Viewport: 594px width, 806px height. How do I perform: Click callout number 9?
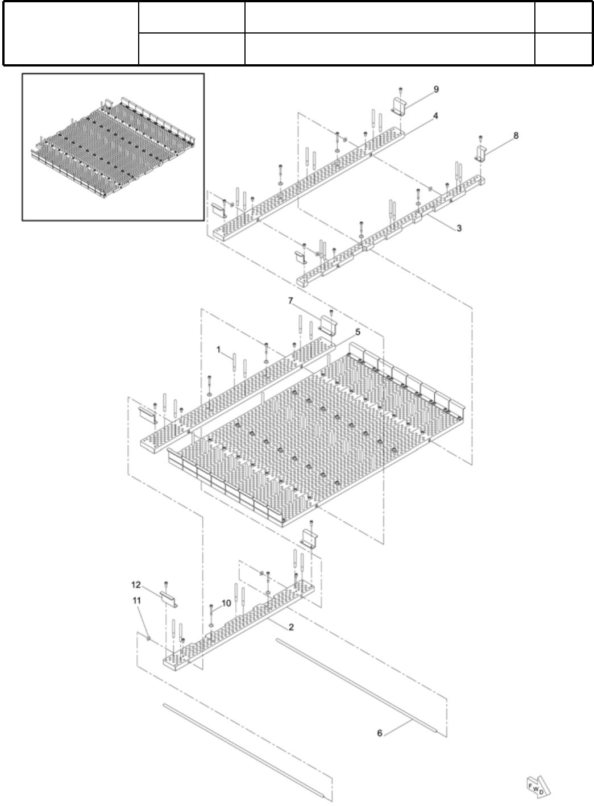[436, 89]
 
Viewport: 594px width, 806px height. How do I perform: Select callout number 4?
[435, 116]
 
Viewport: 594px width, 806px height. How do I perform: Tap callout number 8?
[516, 135]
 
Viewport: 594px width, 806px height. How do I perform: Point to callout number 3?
[459, 228]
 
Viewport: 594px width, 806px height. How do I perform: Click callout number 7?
[290, 299]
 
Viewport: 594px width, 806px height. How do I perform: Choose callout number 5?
[358, 331]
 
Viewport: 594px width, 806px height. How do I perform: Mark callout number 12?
[136, 584]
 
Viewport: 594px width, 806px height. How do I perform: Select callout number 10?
[226, 603]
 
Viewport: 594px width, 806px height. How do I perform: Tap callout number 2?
[291, 628]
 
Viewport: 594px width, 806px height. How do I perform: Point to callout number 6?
[380, 733]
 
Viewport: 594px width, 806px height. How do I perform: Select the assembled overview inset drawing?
[113, 146]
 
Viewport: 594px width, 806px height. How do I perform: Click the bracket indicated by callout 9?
[401, 106]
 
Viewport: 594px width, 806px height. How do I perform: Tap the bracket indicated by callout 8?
[481, 153]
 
